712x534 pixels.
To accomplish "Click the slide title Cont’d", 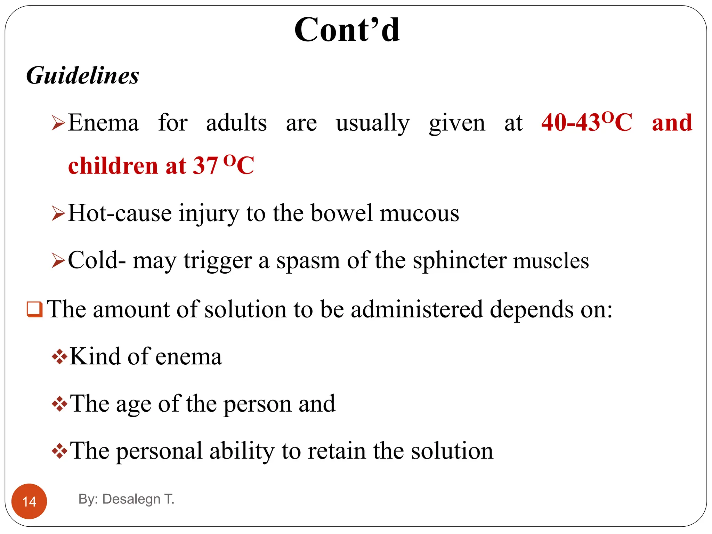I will pos(347,30).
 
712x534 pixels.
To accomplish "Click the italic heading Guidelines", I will pos(83,75).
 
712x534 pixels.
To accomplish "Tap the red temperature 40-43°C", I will pos(586,122).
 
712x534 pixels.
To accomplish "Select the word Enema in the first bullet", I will pos(103,123).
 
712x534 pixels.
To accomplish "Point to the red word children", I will pos(113,165).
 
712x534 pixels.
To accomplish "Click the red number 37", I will pos(205,165).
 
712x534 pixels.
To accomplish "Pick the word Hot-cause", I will pos(120,213).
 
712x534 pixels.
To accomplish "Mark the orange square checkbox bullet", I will pos(35,309).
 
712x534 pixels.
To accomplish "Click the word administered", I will pos(417,309).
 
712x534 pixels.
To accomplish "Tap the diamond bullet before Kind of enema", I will pos(59,357).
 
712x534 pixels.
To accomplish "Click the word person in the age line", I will pos(257,404).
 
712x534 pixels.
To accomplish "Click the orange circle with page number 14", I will pos(29,501).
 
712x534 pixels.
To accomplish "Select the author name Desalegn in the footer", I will pos(131,499).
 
